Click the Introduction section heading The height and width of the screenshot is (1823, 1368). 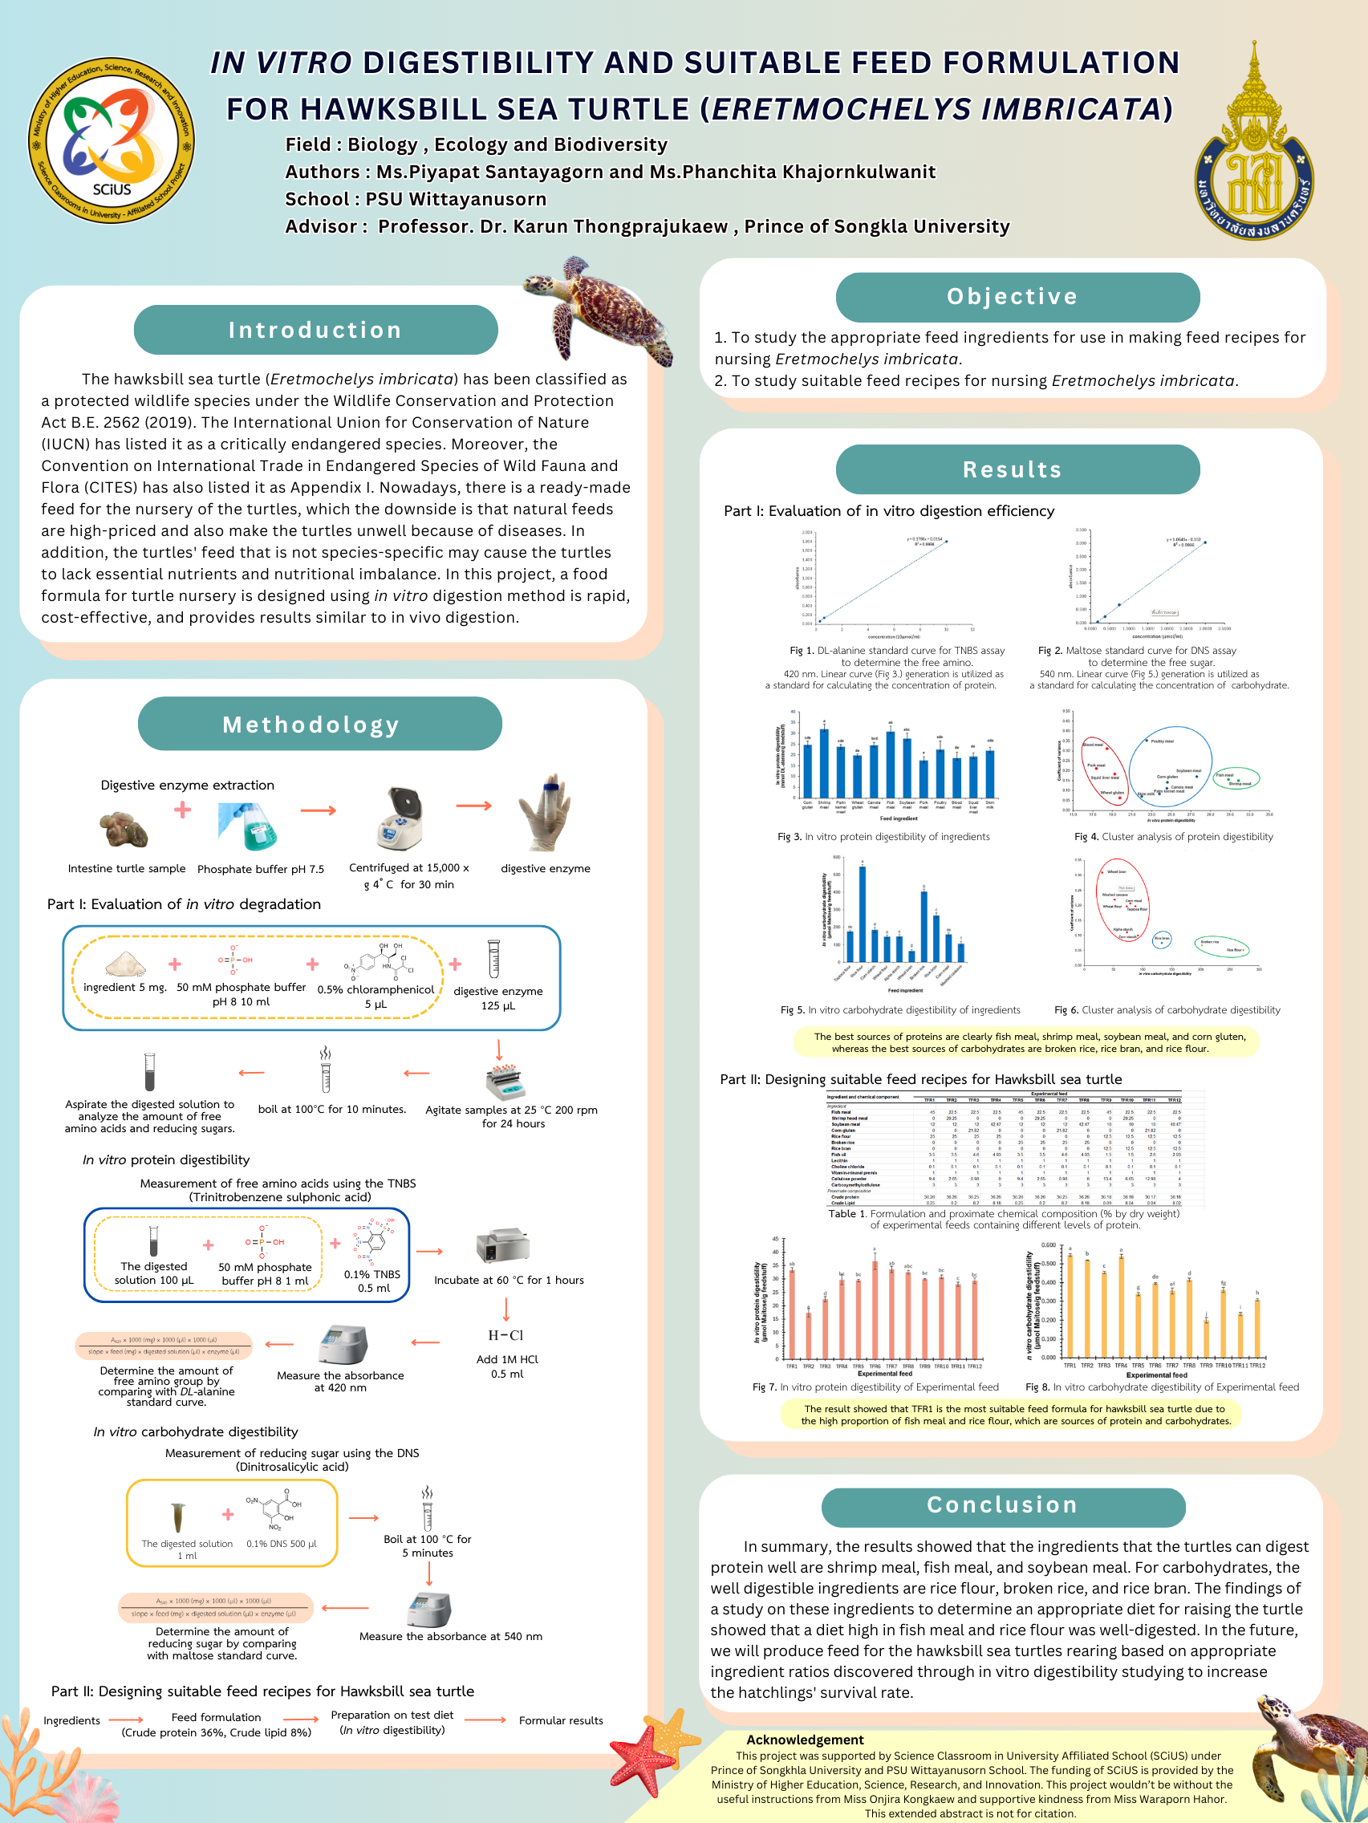tap(315, 331)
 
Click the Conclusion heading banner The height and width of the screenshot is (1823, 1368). tap(1002, 1505)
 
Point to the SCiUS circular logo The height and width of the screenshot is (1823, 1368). tap(112, 140)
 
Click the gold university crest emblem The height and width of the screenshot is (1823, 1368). tap(1253, 152)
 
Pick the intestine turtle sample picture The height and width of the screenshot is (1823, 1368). tap(124, 829)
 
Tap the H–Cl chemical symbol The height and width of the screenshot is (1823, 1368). tap(505, 1335)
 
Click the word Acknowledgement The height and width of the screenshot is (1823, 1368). tap(804, 1740)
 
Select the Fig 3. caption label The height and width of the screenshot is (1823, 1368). tap(790, 838)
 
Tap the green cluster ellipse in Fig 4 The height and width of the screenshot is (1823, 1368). tap(1236, 778)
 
